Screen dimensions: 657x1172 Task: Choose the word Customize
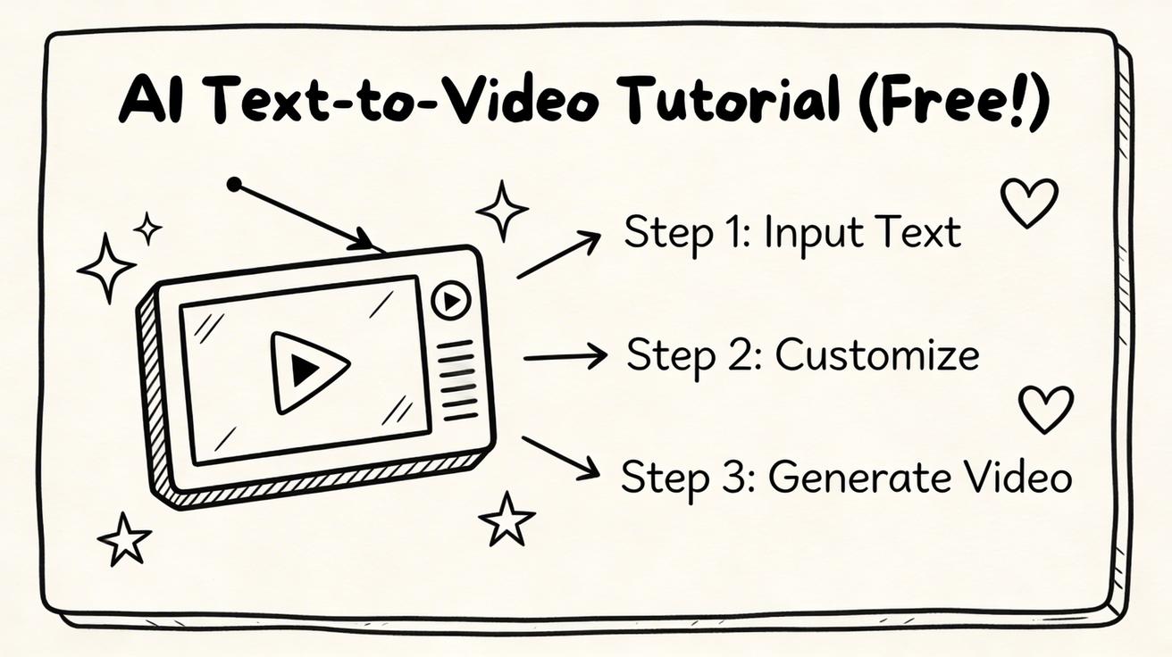point(876,355)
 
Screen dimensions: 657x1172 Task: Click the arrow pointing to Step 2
point(565,358)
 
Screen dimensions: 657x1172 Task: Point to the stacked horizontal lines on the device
point(459,379)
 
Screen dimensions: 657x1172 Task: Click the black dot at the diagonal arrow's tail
point(234,185)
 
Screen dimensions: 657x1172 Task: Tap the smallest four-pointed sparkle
point(147,229)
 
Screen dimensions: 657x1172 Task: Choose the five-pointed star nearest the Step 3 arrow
point(506,520)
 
